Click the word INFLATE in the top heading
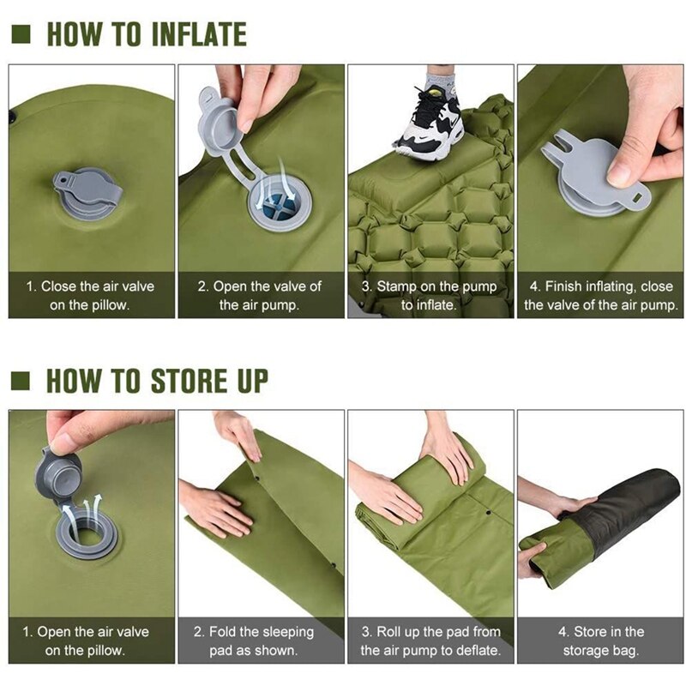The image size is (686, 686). tap(198, 34)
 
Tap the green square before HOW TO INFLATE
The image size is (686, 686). tap(23, 34)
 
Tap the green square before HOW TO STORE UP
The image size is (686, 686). tap(23, 380)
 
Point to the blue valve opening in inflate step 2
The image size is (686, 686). tap(277, 205)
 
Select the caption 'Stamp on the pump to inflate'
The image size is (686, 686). tap(430, 295)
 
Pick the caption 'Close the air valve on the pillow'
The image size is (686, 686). tap(89, 295)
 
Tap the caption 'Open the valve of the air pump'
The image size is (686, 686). tap(260, 295)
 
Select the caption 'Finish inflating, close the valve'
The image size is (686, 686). tap(600, 295)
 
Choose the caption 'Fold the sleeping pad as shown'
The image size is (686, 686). tap(260, 641)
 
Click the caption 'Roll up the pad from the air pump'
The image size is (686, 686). tap(430, 641)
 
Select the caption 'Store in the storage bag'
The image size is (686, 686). tap(600, 641)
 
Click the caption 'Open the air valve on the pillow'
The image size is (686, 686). tap(89, 641)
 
